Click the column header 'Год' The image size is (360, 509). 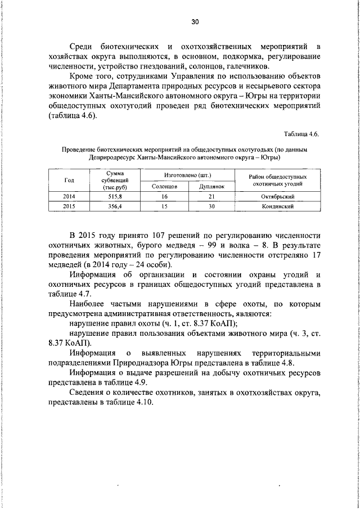(69, 179)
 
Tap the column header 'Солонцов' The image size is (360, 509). (165, 185)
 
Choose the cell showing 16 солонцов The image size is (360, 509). (165, 196)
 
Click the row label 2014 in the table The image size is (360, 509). (69, 196)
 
